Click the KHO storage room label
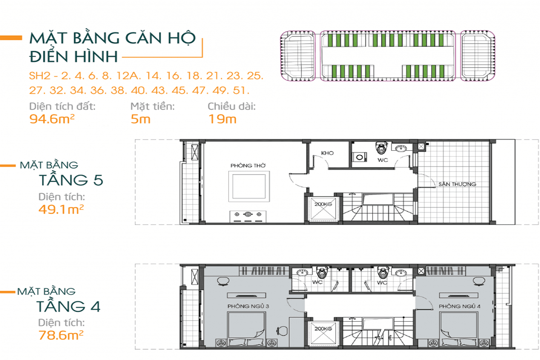coord(327,153)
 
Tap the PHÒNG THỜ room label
coord(248,166)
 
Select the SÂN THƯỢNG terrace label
coord(457,184)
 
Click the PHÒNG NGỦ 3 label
coord(248,306)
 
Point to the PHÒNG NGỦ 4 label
coord(459,306)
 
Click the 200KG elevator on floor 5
coord(323,209)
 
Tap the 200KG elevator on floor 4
coord(323,333)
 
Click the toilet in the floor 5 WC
coord(381,148)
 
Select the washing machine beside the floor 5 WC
coord(360,157)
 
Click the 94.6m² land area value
coord(52,119)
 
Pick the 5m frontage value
coord(140,119)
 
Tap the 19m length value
coord(222,119)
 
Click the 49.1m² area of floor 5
coord(61,209)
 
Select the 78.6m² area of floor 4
coord(61,335)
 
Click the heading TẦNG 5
coord(71,180)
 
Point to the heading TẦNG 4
coord(68,306)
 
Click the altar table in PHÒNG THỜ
coord(248,216)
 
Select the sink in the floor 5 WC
coord(400,148)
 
